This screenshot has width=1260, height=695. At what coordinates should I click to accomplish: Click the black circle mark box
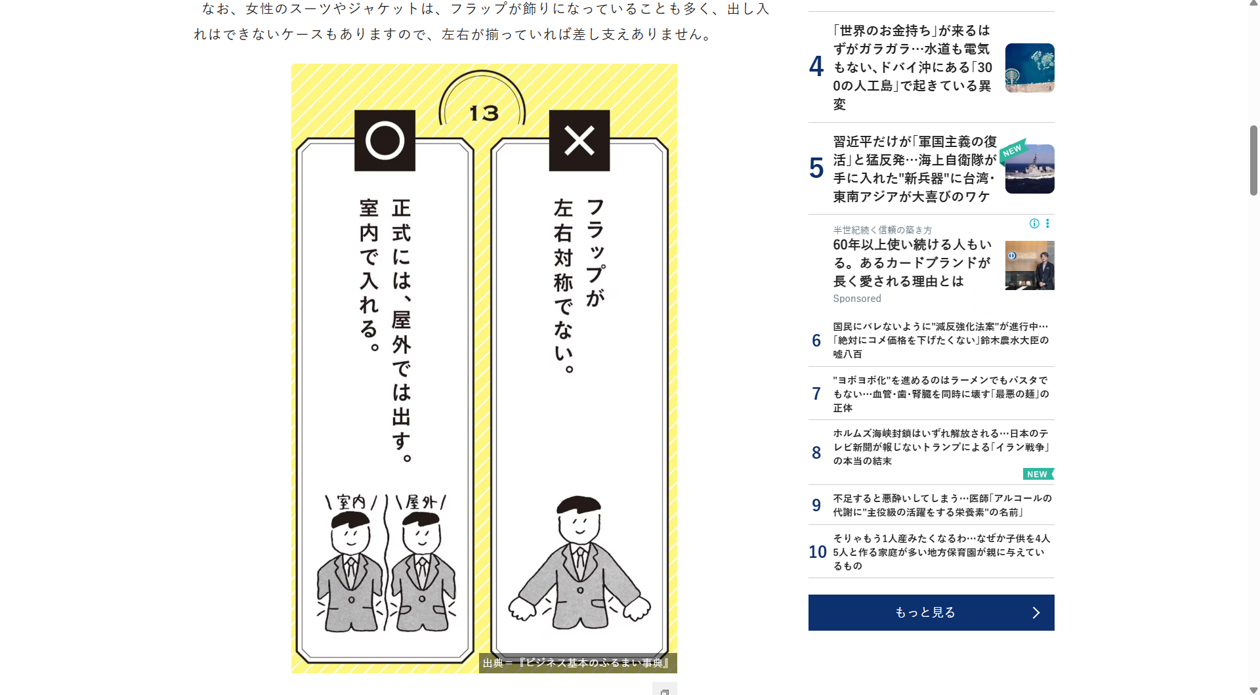385,140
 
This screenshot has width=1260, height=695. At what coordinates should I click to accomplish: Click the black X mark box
579,140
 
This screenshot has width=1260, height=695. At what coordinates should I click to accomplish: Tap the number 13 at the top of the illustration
484,113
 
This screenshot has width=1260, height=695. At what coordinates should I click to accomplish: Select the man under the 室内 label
350,572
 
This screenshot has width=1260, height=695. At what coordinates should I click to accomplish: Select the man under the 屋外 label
422,572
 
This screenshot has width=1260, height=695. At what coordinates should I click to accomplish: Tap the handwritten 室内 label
351,502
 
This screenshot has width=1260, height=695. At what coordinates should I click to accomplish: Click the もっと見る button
931,612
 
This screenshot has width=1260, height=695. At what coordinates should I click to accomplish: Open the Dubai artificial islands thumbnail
1030,68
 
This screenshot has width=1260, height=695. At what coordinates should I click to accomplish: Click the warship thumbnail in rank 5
1030,169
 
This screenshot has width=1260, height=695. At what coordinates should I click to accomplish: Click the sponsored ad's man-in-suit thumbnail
1030,265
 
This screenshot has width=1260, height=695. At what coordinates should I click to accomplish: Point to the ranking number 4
816,66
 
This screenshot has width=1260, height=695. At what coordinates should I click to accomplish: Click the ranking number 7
816,394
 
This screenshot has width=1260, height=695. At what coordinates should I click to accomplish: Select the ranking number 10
818,552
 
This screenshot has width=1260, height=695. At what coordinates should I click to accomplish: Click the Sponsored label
857,299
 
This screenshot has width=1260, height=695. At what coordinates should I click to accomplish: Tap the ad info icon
1034,223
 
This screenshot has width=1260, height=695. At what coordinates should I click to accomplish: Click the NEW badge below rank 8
1038,474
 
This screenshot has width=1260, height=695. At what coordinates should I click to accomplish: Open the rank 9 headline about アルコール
942,505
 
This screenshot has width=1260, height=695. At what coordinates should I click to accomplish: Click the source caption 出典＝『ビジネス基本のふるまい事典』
576,663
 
